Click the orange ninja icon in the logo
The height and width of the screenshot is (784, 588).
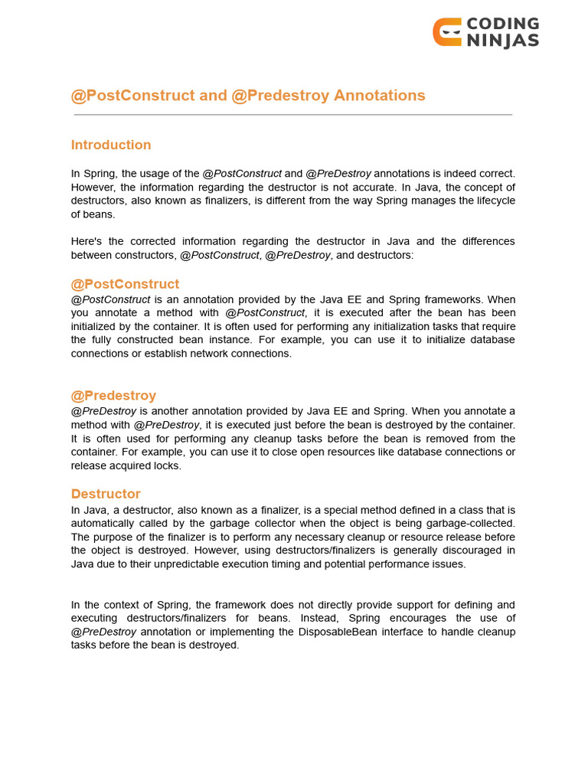(x=447, y=32)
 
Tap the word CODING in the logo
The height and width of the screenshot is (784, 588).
(x=503, y=24)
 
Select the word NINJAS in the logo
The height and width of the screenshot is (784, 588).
(x=503, y=41)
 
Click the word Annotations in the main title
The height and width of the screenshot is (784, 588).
(x=379, y=96)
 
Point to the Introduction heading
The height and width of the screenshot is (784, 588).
(x=111, y=145)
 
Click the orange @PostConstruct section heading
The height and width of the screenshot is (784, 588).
(x=125, y=284)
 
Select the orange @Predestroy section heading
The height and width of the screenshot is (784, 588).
(x=113, y=395)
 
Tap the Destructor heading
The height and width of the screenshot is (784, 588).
(x=106, y=494)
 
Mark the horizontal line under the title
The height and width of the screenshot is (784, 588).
(x=293, y=115)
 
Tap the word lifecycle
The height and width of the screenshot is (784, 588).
(x=492, y=201)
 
